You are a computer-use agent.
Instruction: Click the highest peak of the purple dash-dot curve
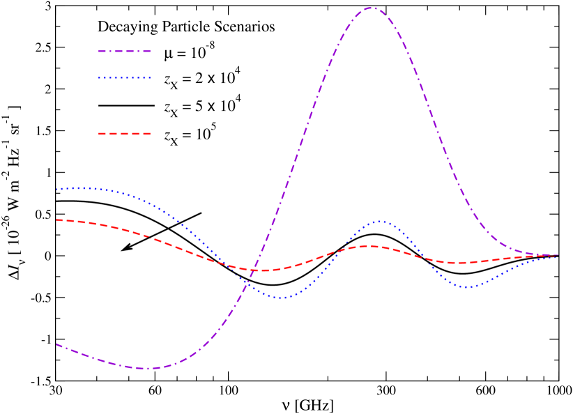click(x=371, y=8)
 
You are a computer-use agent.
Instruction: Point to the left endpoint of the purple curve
click(x=56, y=344)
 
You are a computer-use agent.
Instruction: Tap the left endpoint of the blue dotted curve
click(x=56, y=189)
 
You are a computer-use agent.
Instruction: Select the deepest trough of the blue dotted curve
click(x=282, y=298)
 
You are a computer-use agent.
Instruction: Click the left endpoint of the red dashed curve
click(x=56, y=220)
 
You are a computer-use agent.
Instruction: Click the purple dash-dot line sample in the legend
click(x=124, y=51)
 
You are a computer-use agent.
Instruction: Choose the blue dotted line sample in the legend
click(x=124, y=78)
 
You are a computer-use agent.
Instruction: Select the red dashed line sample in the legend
click(x=124, y=133)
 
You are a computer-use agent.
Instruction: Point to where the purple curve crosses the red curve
click(x=252, y=270)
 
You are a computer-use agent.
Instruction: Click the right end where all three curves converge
click(x=556, y=256)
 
